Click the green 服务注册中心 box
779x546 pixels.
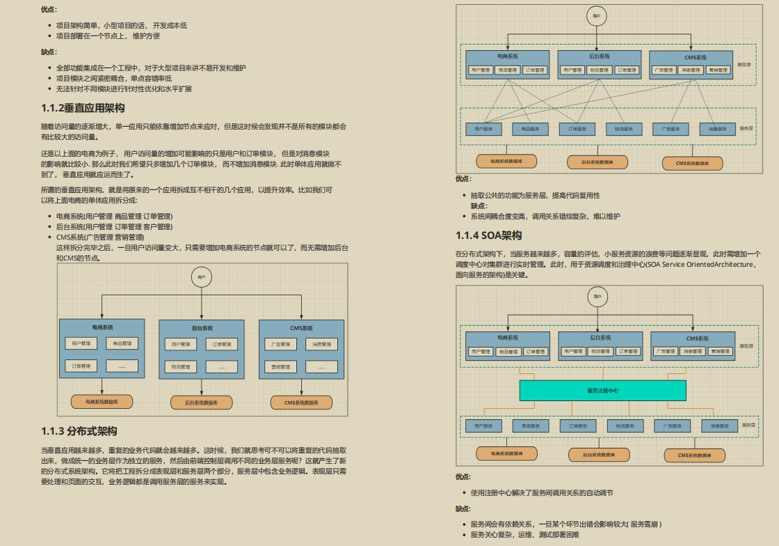602,390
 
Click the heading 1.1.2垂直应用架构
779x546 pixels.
83,108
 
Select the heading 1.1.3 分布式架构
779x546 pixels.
79,430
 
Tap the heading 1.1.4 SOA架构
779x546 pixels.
488,235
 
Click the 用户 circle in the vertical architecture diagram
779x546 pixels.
201,277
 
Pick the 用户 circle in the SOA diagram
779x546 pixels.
596,297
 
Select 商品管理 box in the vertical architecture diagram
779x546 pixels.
122,343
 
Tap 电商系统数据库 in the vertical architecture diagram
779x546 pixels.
102,402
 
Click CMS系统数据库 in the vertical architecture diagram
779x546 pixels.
300,403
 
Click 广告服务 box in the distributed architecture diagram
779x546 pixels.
670,129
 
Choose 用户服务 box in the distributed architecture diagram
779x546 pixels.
483,129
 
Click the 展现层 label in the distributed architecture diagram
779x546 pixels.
744,65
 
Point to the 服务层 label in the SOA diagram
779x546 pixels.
748,425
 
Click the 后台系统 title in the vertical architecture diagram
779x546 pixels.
202,327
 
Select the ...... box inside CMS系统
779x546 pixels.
321,367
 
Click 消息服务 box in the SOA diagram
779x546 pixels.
718,426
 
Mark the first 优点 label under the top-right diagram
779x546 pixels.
463,179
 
